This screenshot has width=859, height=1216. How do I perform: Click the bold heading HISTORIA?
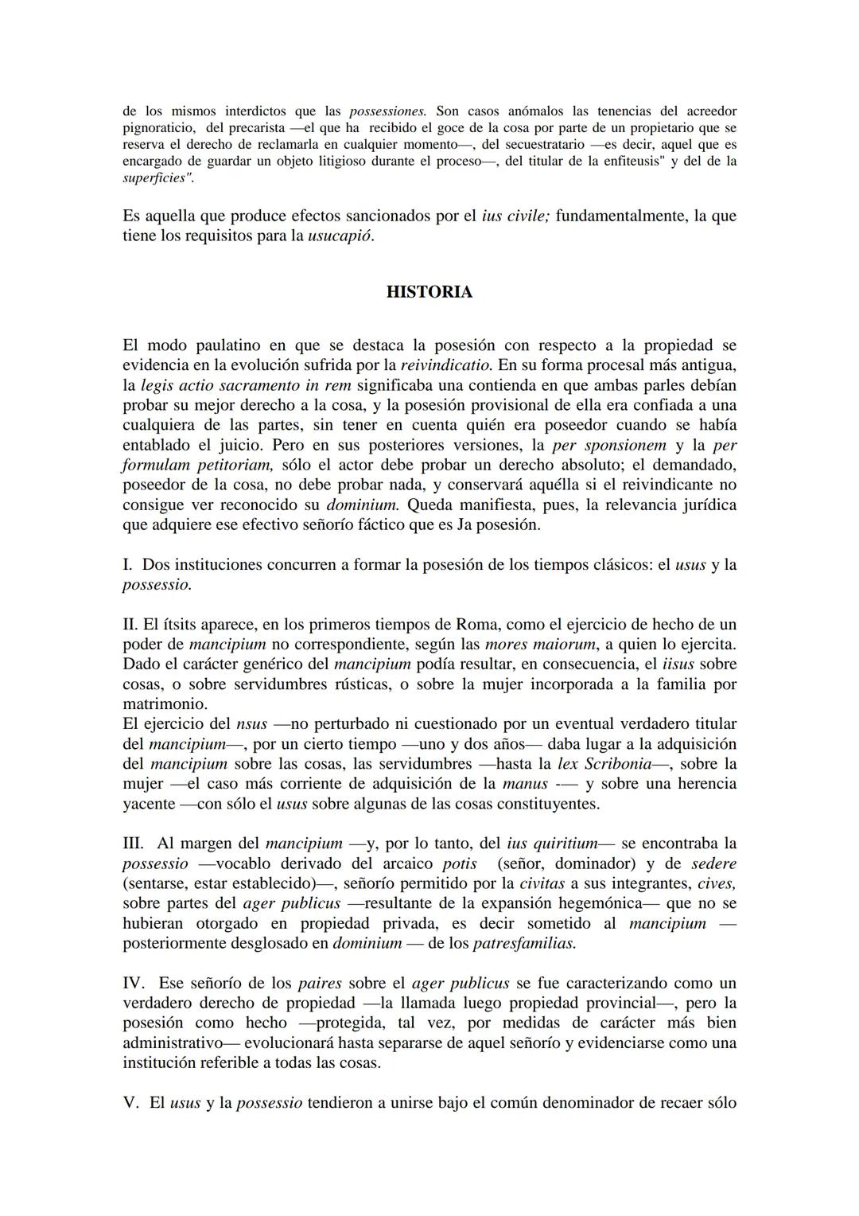[x=429, y=292]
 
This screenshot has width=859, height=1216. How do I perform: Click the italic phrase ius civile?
[x=515, y=216]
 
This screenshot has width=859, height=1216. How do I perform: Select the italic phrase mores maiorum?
[x=531, y=644]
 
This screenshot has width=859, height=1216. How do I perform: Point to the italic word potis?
[x=460, y=863]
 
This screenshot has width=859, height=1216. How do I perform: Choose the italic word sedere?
[x=713, y=863]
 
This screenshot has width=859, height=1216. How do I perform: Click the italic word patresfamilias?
[x=524, y=944]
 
